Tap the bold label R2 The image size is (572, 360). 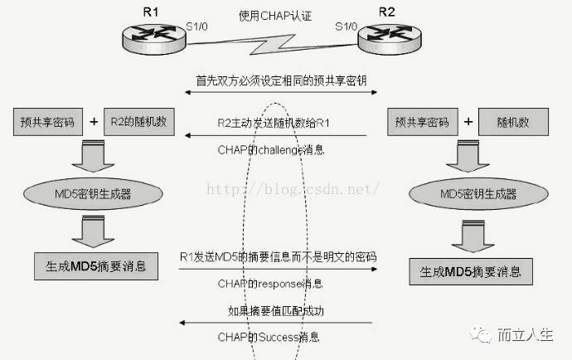coord(387,11)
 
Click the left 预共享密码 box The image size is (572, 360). coord(48,122)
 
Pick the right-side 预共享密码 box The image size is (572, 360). coord(422,122)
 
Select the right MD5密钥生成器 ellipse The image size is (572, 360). coord(476,194)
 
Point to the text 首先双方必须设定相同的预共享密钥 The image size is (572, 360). coord(270,80)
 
